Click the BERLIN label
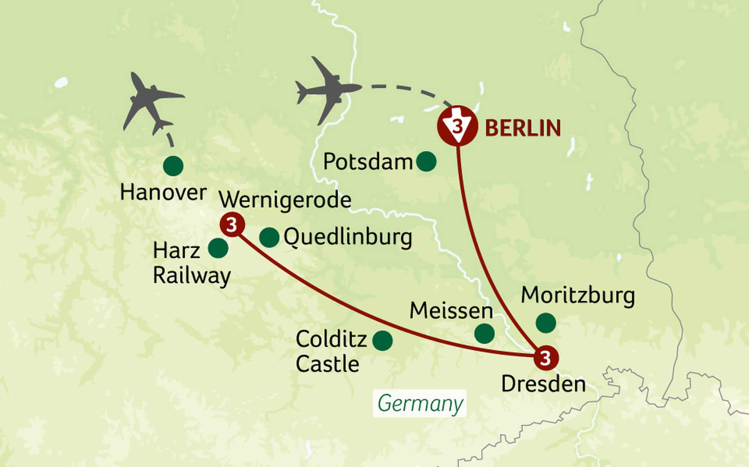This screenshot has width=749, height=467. (523, 128)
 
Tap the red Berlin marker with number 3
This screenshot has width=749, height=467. (457, 126)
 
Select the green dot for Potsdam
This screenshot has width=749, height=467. (426, 161)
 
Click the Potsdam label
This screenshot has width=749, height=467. (367, 161)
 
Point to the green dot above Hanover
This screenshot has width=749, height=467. (173, 166)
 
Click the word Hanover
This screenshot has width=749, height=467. (163, 193)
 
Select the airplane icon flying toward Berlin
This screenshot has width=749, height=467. (328, 90)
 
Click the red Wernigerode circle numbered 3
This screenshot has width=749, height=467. (232, 225)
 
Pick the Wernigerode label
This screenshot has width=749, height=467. (285, 200)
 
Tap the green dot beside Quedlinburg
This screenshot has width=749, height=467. (269, 237)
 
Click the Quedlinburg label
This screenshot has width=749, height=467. (348, 237)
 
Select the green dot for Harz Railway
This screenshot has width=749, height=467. (218, 248)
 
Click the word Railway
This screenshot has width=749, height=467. (192, 276)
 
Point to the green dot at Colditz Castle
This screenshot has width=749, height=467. (382, 341)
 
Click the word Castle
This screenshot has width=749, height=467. (327, 364)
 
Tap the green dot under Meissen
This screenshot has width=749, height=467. (485, 333)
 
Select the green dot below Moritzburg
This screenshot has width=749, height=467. (546, 323)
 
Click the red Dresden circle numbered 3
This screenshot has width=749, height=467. (546, 358)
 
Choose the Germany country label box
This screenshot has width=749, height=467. (420, 403)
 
